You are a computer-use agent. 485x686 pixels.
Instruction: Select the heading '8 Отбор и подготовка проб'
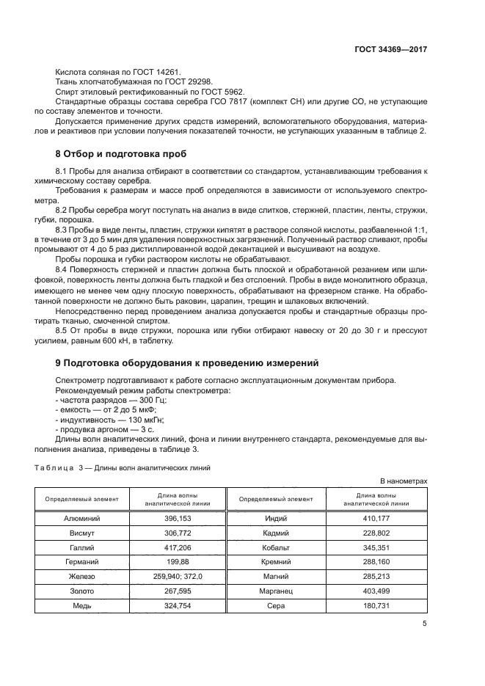[121, 154]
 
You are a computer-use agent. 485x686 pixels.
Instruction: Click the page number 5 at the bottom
[425, 624]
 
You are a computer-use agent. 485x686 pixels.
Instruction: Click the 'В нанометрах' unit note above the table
[403, 481]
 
